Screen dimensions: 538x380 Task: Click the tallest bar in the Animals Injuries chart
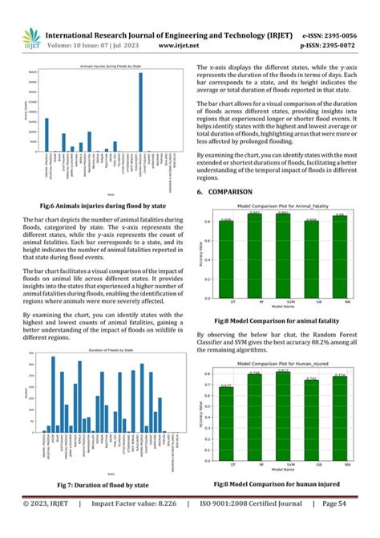click(x=140, y=113)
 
